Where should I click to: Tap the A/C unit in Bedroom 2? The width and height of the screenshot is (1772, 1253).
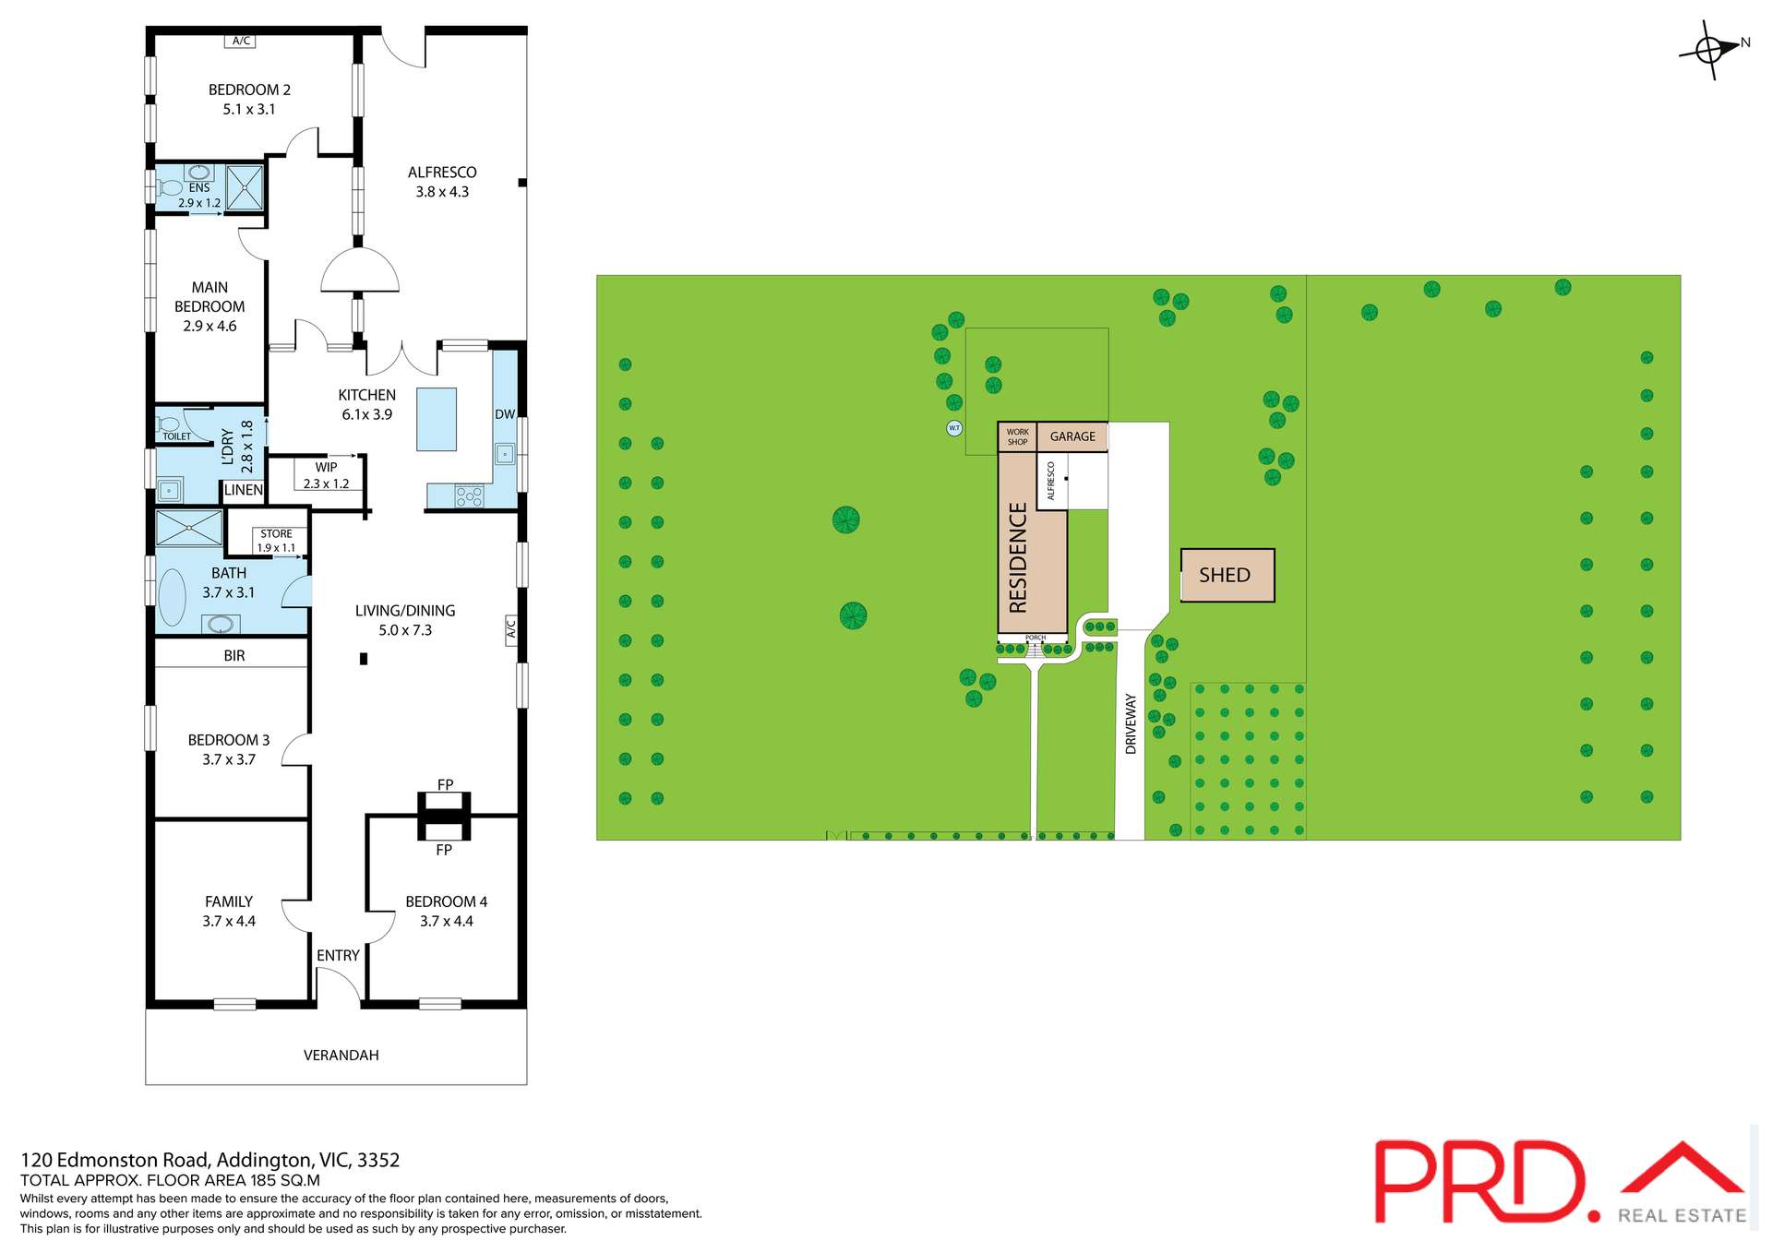point(241,41)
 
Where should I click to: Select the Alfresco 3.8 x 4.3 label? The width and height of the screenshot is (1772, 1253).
point(442,182)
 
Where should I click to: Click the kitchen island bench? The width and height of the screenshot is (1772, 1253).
point(436,419)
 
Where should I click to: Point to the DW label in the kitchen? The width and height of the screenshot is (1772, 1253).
point(504,414)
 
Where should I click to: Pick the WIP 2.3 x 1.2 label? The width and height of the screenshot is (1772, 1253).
point(326,475)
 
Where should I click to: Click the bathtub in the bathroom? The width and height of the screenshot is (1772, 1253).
point(173,597)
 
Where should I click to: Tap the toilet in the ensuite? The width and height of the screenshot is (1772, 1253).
point(170,187)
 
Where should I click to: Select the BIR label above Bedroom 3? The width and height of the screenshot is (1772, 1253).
point(234,656)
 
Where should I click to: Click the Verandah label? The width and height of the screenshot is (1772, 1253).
point(341,1055)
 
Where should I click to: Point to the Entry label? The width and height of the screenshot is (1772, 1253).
point(338,956)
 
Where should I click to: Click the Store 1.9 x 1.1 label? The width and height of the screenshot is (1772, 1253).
point(276,541)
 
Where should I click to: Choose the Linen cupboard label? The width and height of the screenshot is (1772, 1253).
point(244,490)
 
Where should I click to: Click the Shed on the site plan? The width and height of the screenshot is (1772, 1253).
point(1227,576)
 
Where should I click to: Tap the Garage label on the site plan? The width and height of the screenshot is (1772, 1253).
point(1072,436)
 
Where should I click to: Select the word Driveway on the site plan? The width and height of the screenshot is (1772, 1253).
point(1131,724)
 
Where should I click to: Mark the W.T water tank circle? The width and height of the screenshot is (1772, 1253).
point(954,428)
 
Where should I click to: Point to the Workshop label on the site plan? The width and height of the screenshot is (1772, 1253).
point(1017,436)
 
